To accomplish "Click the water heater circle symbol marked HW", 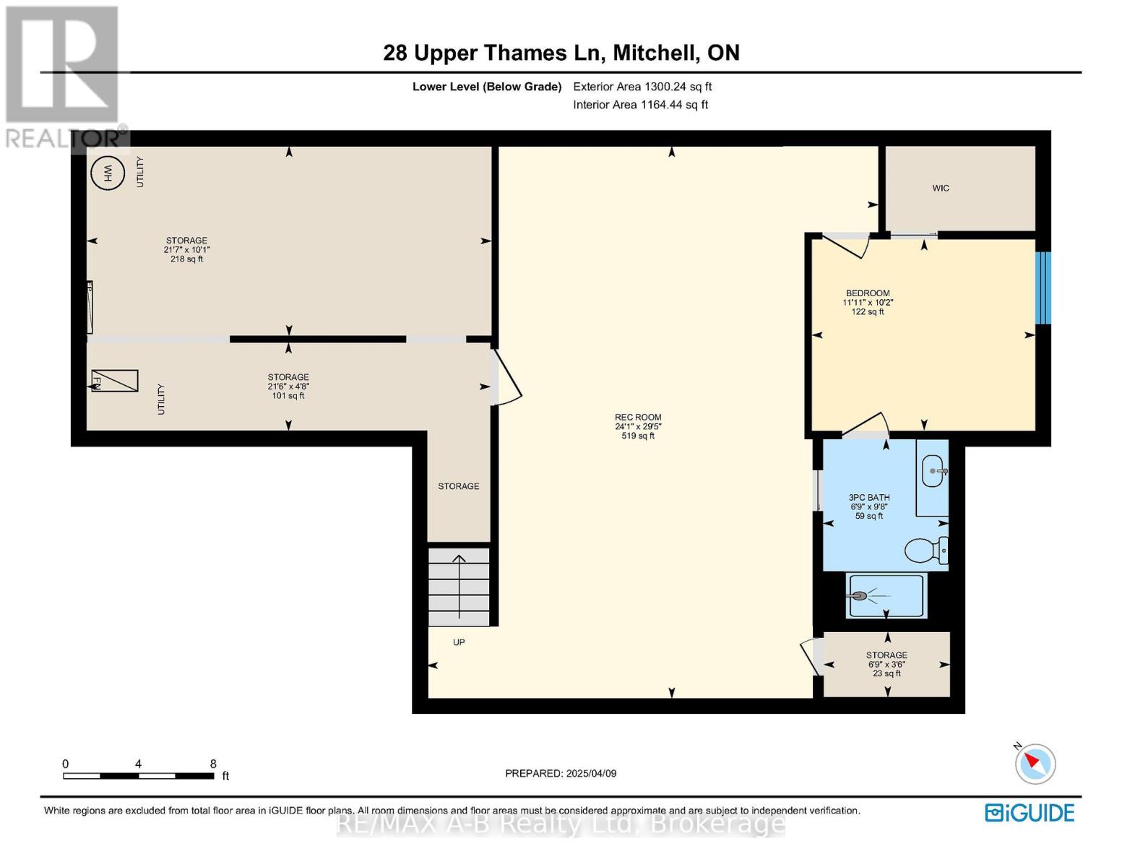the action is [x=108, y=173].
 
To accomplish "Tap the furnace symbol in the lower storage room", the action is [x=115, y=381].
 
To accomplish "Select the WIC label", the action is [x=941, y=188].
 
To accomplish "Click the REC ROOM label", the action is [x=638, y=417].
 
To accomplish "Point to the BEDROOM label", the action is [x=868, y=293].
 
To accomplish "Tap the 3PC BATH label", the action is [x=869, y=497].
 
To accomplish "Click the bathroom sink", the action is [x=933, y=471].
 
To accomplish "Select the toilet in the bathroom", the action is [x=926, y=551].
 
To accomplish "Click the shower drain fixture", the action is [x=859, y=596].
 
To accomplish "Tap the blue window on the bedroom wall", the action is [x=1043, y=288].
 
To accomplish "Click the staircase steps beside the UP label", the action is [x=459, y=587].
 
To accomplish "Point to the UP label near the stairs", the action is [x=459, y=642].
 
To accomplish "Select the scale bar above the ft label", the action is [x=139, y=775].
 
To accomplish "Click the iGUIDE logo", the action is [x=1030, y=813].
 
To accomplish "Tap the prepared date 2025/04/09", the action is [x=591, y=774].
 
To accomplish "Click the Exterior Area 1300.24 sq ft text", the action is [x=642, y=87].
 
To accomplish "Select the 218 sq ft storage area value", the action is [x=186, y=259].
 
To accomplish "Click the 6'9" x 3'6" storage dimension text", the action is [x=886, y=664].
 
